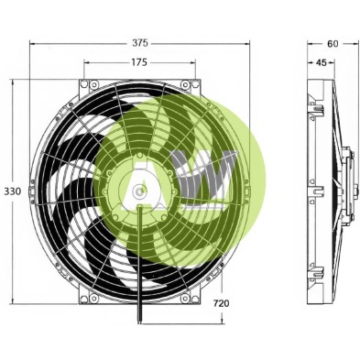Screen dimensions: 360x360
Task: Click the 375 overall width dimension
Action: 139,43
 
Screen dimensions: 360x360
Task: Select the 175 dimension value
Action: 139,62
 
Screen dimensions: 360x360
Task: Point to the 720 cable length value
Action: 221,303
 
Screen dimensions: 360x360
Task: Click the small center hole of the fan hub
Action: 138,191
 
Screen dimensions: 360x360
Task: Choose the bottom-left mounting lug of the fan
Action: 90,297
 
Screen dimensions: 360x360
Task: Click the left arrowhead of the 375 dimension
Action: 32,43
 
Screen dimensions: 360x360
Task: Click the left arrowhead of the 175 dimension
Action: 87,62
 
